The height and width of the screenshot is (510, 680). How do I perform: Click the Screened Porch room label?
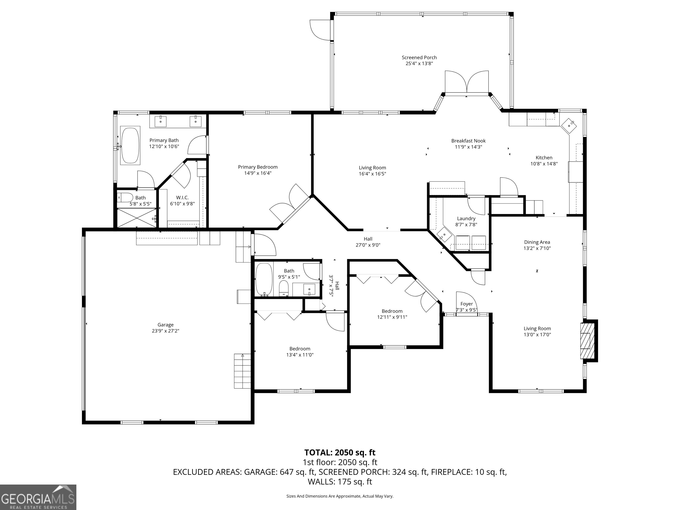pyautogui.click(x=419, y=58)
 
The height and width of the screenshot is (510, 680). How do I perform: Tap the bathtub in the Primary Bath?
pyautogui.click(x=130, y=145)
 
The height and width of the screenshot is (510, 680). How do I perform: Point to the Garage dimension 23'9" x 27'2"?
pyautogui.click(x=165, y=331)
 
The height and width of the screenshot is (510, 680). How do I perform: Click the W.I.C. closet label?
pyautogui.click(x=182, y=198)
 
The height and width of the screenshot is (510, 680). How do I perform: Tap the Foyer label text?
pyautogui.click(x=466, y=304)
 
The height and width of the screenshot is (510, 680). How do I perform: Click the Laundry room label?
pyautogui.click(x=466, y=218)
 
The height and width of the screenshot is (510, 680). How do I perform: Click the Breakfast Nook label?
pyautogui.click(x=468, y=141)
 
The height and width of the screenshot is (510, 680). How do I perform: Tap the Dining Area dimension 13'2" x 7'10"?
pyautogui.click(x=537, y=248)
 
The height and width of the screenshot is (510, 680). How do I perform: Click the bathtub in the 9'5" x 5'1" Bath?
pyautogui.click(x=264, y=279)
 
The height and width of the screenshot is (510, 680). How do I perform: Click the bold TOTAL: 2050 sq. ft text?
pyautogui.click(x=340, y=452)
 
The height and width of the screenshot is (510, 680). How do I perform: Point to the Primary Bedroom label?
pyautogui.click(x=258, y=167)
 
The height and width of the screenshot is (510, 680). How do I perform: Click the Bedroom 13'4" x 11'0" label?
pyautogui.click(x=299, y=349)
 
